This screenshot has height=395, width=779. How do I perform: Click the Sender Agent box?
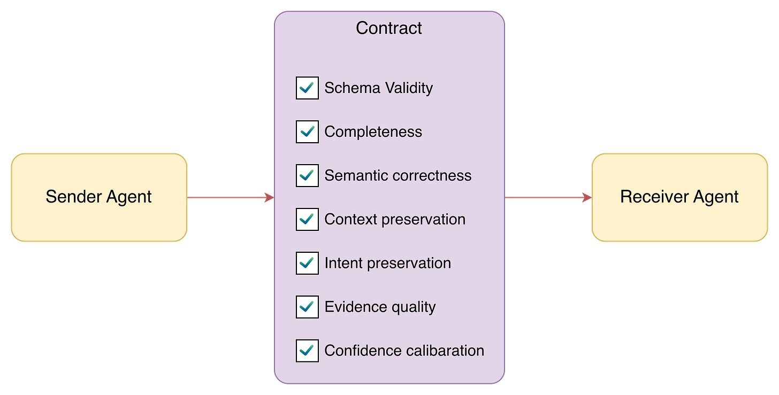click(x=99, y=197)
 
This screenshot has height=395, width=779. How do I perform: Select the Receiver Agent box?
click(x=679, y=197)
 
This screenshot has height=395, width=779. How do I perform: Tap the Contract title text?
click(x=389, y=28)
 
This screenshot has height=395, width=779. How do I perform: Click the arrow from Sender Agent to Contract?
click(x=231, y=197)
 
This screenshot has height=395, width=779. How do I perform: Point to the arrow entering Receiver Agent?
click(x=548, y=197)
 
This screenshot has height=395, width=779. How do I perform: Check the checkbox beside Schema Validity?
click(x=307, y=88)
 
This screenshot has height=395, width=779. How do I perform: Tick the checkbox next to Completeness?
click(x=307, y=131)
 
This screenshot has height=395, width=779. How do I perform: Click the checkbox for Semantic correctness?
click(x=307, y=175)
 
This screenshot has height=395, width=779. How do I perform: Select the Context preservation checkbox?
click(x=307, y=219)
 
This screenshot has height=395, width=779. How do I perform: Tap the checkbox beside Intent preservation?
click(x=307, y=263)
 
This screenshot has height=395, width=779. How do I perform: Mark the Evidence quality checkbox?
click(x=307, y=307)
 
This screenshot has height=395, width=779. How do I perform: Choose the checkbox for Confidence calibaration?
click(x=307, y=351)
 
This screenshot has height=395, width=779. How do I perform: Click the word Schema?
click(x=352, y=88)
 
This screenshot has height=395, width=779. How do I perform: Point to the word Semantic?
click(x=356, y=175)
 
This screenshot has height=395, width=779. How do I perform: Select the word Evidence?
click(x=355, y=307)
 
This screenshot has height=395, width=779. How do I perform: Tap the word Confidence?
click(x=362, y=351)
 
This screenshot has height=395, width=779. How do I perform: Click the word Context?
click(x=350, y=219)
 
